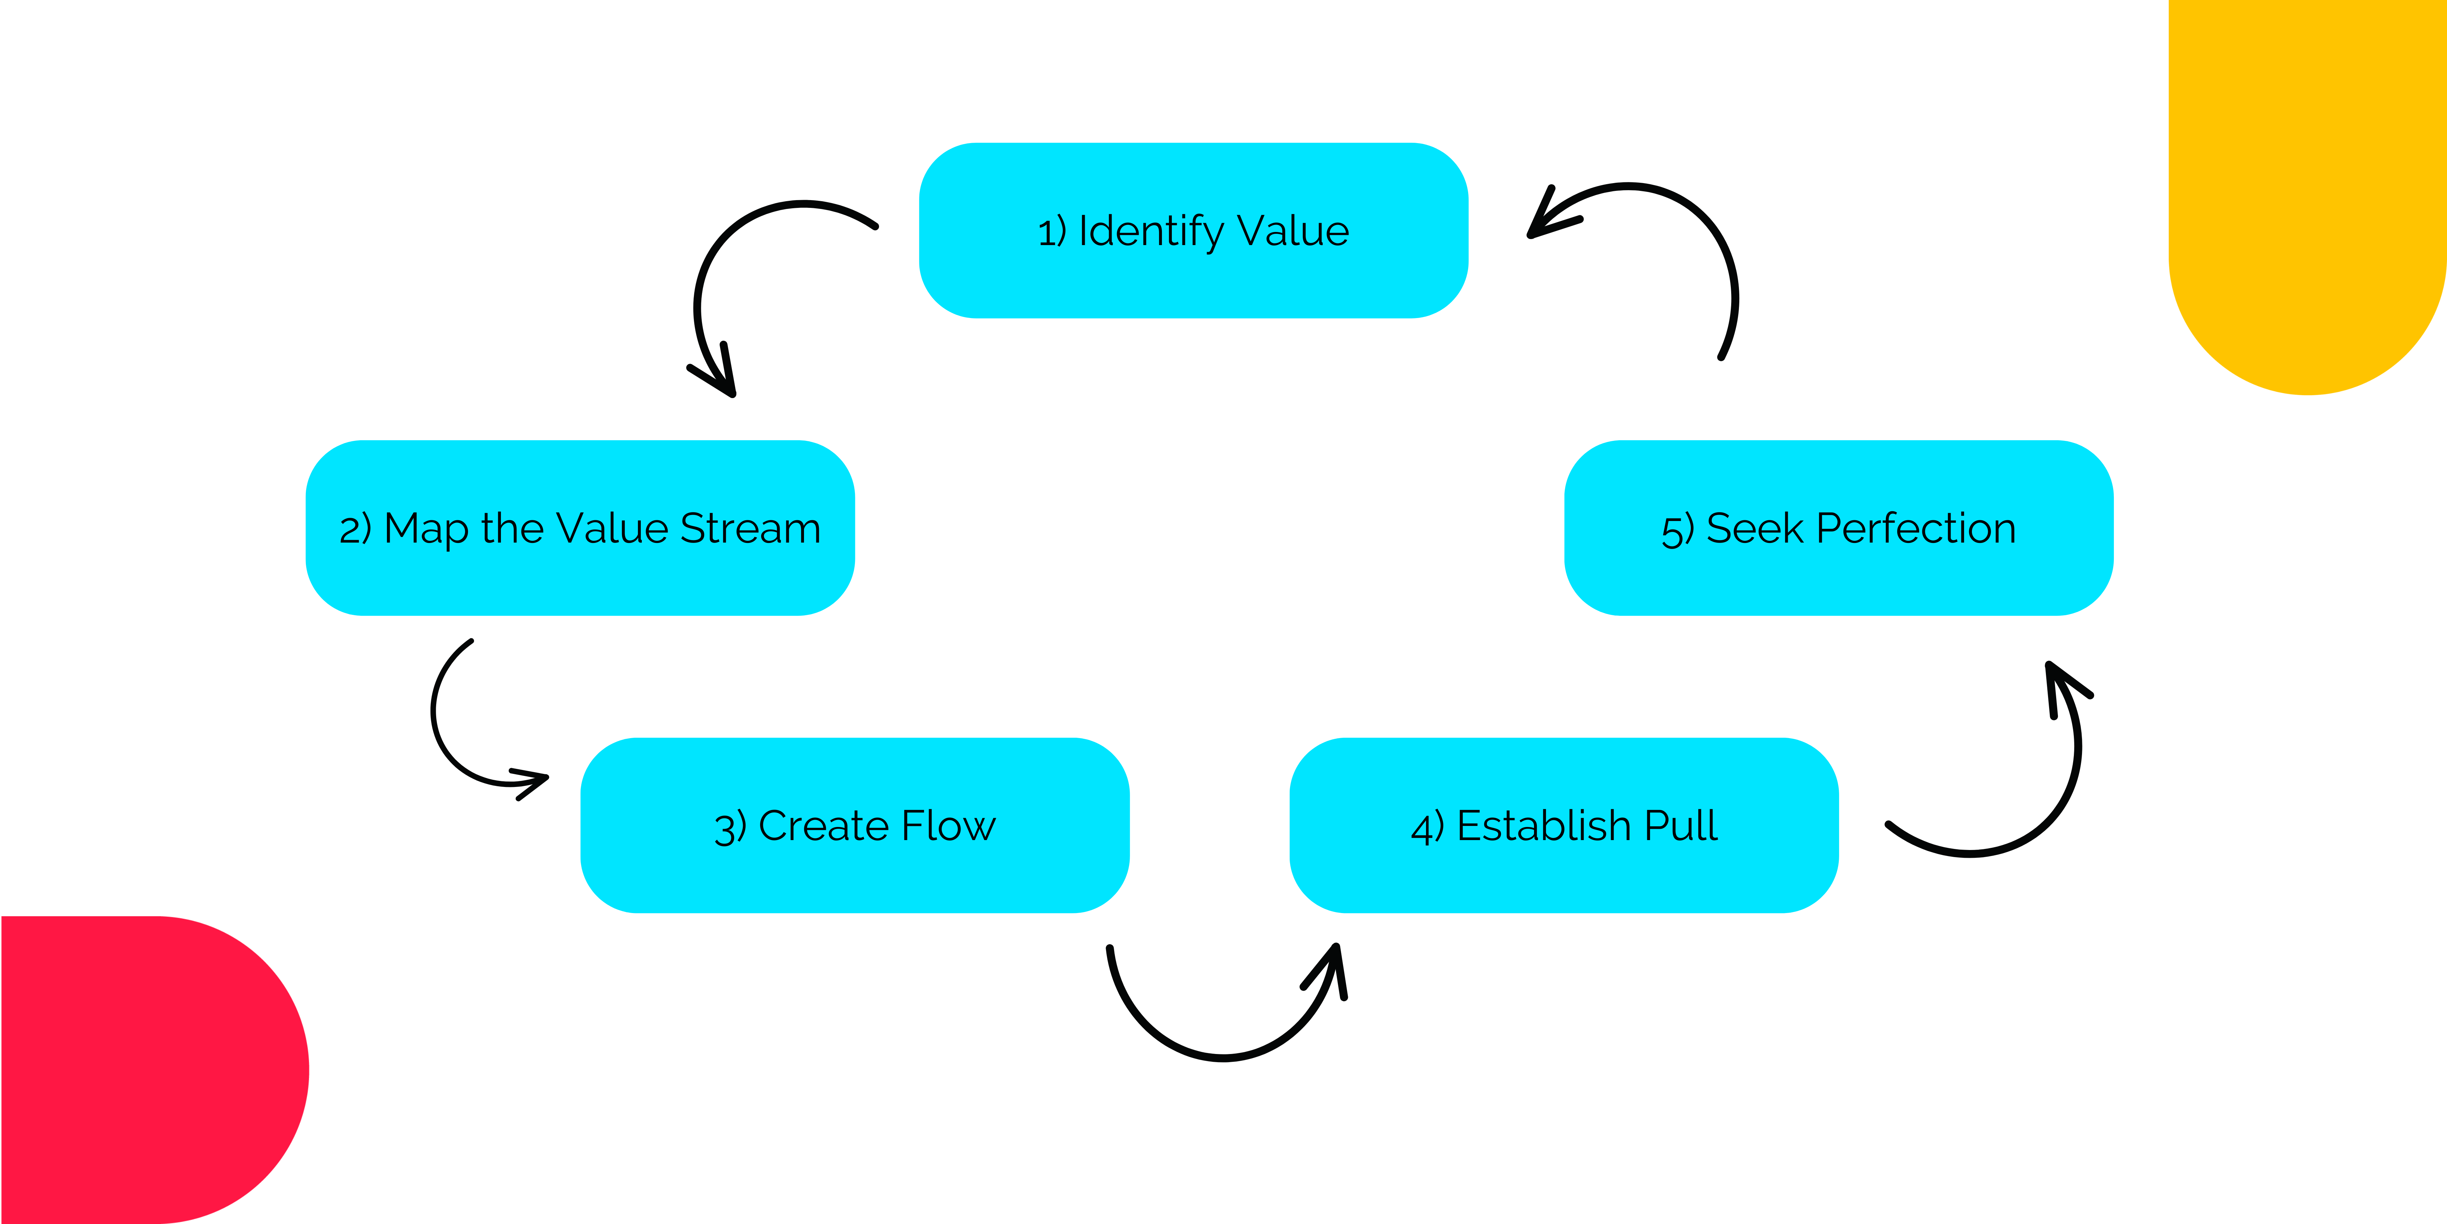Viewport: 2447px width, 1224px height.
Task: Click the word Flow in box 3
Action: click(x=948, y=826)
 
